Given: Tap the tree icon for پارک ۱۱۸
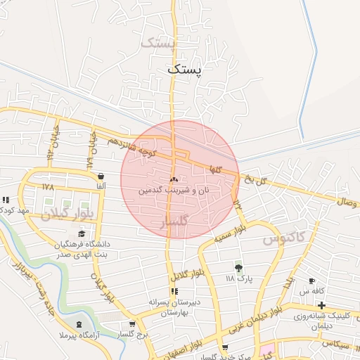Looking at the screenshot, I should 239,267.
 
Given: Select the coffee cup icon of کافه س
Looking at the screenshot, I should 311,281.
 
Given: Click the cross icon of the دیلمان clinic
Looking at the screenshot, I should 321,305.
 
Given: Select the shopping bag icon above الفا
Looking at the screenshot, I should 101,176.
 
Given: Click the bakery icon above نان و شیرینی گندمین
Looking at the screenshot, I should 174,179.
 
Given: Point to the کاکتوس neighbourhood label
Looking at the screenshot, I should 284,238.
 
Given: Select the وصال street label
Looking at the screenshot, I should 347,201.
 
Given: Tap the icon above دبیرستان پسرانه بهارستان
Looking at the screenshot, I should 174,291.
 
